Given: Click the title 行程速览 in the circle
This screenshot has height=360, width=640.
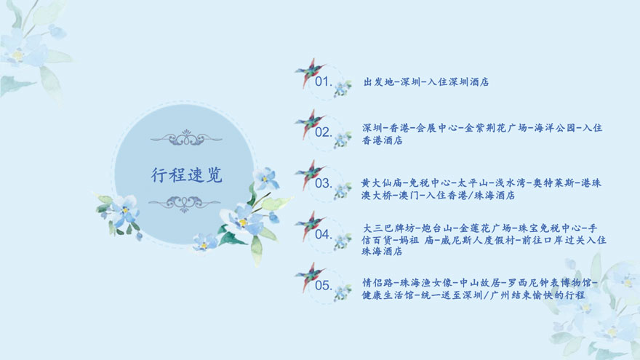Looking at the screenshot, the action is click(x=186, y=175).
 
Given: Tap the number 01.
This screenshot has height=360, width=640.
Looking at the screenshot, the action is click(x=323, y=81).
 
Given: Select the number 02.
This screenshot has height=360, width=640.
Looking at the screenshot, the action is click(x=323, y=132).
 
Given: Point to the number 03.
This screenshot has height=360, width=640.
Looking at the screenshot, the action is click(x=323, y=183).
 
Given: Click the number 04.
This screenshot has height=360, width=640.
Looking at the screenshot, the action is click(x=323, y=234).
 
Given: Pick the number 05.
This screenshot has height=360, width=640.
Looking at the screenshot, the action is click(x=323, y=285).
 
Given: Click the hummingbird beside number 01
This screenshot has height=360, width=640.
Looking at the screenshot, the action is click(x=310, y=72).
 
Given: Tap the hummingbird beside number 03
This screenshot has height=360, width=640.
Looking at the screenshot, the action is click(x=310, y=175).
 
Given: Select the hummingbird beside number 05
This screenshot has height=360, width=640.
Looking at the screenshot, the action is click(x=310, y=276).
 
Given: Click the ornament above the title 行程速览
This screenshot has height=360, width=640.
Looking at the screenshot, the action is click(x=186, y=138).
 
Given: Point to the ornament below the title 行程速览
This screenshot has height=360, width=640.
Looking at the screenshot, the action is click(x=185, y=204).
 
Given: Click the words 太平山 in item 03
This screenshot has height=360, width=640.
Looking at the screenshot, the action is click(x=473, y=183).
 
